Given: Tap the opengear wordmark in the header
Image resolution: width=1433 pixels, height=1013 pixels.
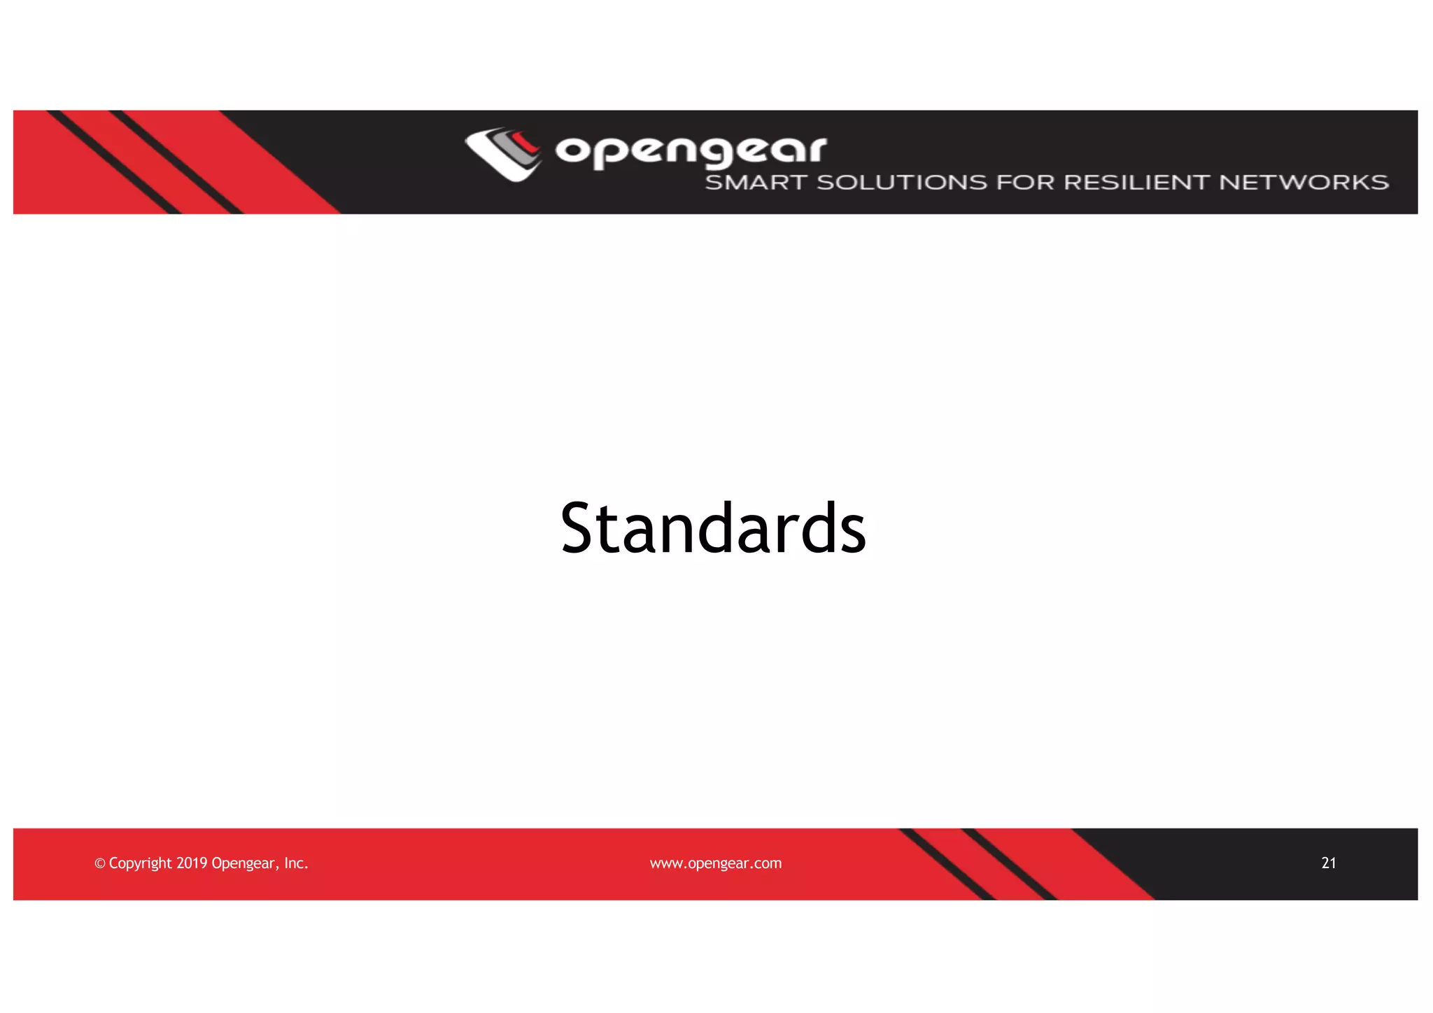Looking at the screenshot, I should [691, 150].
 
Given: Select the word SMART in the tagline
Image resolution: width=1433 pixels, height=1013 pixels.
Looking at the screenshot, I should [756, 183].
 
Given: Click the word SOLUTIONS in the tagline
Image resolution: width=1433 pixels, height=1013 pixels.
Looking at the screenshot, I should [903, 183].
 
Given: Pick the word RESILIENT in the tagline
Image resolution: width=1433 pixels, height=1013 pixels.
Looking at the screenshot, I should [1136, 183].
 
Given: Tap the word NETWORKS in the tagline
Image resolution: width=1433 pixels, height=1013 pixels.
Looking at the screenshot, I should [1304, 183].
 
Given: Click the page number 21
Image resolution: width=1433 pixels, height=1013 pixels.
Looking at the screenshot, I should [1329, 863].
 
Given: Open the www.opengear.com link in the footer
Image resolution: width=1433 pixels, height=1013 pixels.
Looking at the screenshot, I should [716, 863].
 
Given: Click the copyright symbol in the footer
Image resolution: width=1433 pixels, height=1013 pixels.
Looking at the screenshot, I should [100, 864].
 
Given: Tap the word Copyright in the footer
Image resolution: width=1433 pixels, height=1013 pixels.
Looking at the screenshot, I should [140, 864].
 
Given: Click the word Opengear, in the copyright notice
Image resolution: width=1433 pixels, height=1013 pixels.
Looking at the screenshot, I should [244, 864].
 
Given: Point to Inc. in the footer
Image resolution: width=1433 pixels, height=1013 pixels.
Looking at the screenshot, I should [296, 863].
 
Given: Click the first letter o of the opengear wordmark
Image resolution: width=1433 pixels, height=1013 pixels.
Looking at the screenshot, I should [572, 150].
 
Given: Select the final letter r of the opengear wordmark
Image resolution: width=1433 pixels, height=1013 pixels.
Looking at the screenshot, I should [815, 149].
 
